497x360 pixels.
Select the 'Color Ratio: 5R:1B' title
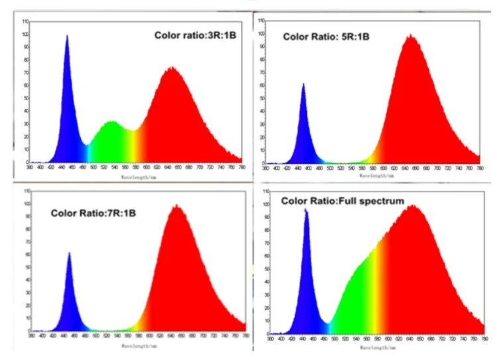click(325, 36)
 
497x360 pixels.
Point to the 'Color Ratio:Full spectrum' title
click(343, 200)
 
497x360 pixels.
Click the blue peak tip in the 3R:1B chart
click(67, 36)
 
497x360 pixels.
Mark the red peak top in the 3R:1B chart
click(172, 67)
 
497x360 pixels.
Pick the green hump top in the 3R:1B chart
click(111, 121)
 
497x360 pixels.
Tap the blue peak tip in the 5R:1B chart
click(304, 84)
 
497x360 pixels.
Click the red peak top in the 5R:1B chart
click(411, 35)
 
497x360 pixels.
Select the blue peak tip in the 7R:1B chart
click(69, 253)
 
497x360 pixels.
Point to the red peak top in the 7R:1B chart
click(177, 206)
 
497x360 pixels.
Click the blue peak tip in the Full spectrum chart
click(305, 210)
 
